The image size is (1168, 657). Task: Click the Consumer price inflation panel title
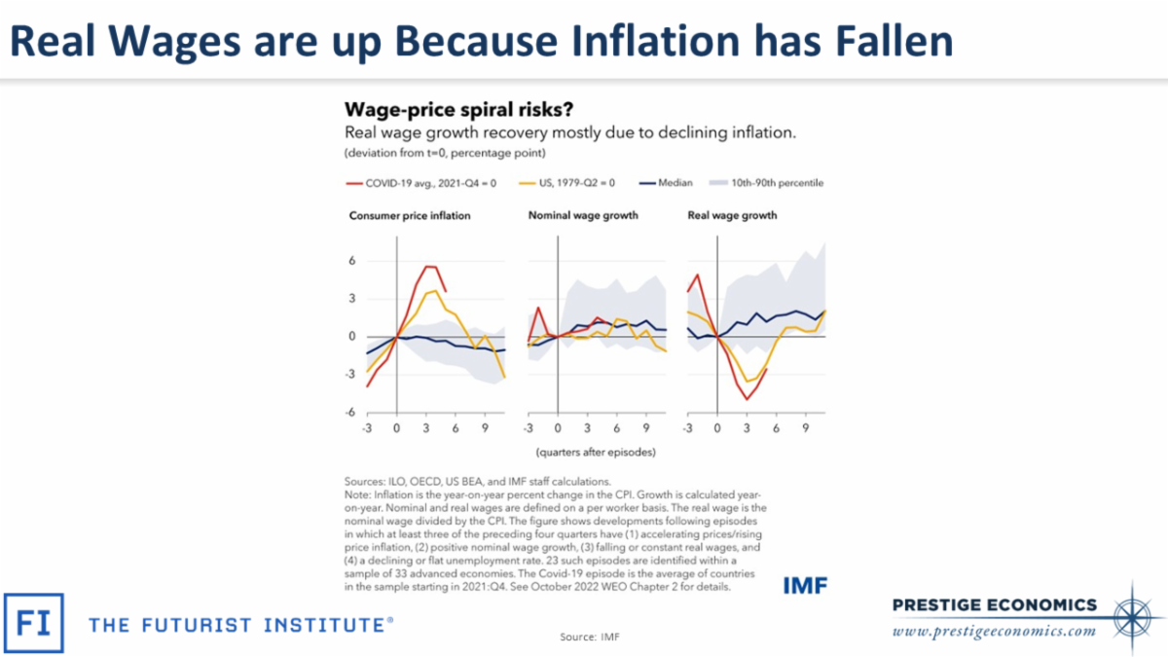410,215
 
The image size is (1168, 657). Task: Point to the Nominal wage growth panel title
582,215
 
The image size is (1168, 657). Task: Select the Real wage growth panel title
733,215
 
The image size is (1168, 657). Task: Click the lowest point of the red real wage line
747,399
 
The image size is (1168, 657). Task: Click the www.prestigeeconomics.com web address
994,631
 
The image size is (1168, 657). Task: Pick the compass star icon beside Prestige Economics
1133,612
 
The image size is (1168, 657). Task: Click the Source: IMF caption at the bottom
589,637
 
